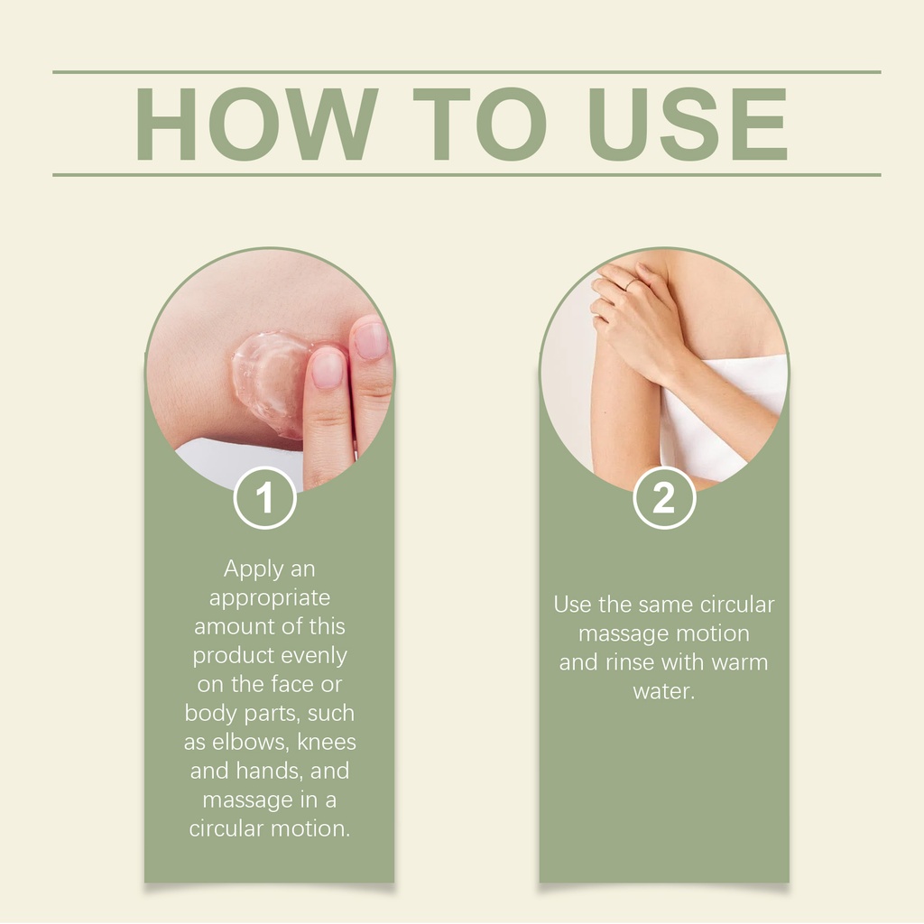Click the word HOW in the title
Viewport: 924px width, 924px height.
[x=256, y=124]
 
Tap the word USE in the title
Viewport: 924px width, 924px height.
[x=688, y=124]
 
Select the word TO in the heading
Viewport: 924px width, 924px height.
[x=480, y=124]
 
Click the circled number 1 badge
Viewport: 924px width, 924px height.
[x=264, y=498]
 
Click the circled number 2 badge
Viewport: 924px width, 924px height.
[x=664, y=498]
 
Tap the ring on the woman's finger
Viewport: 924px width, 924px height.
[x=630, y=284]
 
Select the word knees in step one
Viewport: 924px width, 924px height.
[x=327, y=742]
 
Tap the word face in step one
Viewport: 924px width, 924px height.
[x=293, y=684]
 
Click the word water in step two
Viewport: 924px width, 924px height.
[x=664, y=691]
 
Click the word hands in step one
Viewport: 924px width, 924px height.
[x=268, y=771]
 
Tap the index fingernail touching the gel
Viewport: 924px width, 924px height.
[x=328, y=368]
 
